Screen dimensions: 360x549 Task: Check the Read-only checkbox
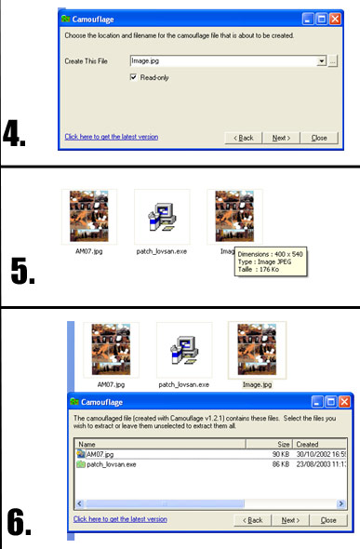(133, 77)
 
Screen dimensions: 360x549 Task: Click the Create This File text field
(224, 60)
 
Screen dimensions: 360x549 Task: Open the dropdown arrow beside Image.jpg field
(322, 61)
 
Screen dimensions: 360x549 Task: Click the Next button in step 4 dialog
(281, 138)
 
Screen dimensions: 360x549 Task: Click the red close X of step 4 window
(335, 19)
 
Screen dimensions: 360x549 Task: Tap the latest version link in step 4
(112, 137)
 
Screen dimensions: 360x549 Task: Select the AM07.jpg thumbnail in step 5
(89, 217)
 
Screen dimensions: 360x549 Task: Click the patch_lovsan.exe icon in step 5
(162, 218)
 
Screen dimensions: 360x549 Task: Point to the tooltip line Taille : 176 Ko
(259, 269)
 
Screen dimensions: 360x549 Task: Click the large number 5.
(22, 271)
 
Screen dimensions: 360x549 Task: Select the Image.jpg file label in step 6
(257, 384)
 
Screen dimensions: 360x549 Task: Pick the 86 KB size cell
(281, 464)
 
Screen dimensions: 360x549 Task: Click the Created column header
(319, 444)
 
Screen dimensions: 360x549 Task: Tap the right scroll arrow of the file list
(340, 503)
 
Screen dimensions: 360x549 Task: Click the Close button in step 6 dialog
(328, 520)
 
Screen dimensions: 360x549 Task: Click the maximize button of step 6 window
(330, 402)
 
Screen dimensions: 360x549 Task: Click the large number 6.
(20, 523)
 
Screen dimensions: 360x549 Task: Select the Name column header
(161, 444)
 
